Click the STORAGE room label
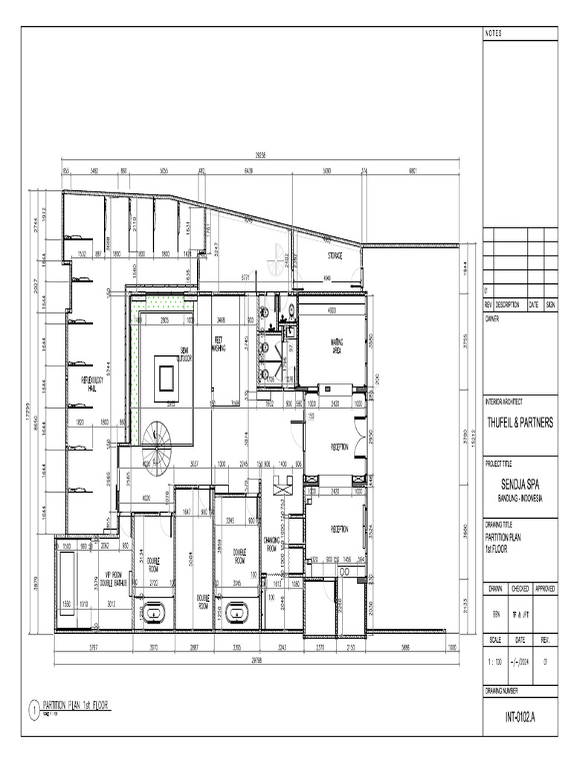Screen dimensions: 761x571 coord(334,256)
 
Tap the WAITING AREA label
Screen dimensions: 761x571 coord(336,346)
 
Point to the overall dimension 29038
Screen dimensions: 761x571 coord(260,156)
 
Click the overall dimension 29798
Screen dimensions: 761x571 coord(257,659)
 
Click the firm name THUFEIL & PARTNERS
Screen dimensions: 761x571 coord(520,423)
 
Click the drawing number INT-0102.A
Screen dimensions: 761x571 coord(520,718)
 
